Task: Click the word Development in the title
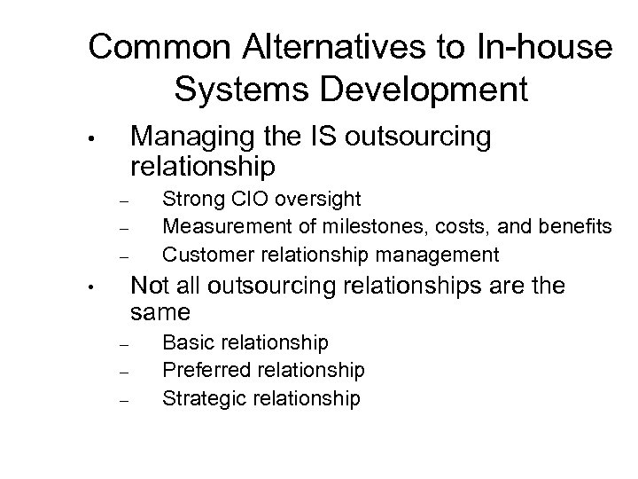point(430,89)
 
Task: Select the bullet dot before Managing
point(103,140)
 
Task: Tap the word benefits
point(576,227)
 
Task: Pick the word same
point(160,313)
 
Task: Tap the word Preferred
point(201,370)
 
